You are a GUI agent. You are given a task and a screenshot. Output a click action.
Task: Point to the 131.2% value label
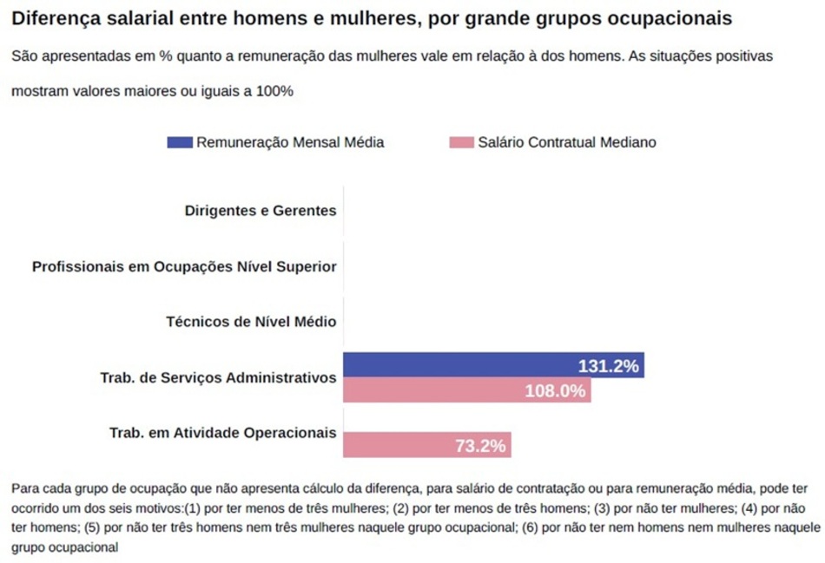608,366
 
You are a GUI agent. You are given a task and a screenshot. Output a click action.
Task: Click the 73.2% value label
480,447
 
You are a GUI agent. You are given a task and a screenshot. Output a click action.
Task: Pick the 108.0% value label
555,391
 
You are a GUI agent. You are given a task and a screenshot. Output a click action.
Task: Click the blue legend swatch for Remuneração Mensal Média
180,142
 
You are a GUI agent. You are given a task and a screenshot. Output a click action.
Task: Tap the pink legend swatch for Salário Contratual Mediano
461,142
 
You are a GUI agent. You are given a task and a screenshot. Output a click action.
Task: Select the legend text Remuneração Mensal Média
290,142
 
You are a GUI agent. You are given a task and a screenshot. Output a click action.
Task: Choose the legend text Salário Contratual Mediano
567,142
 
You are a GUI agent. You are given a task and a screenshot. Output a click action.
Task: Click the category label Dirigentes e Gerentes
261,210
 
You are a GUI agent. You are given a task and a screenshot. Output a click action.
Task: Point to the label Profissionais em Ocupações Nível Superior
184,266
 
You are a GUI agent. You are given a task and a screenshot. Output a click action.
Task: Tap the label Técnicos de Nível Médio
251,322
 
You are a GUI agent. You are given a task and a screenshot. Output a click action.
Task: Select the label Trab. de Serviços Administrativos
219,377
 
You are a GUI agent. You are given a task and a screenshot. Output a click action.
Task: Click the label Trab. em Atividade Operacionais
222,433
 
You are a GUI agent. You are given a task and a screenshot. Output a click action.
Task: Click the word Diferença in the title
53,18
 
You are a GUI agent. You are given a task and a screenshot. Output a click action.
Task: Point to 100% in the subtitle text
274,91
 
